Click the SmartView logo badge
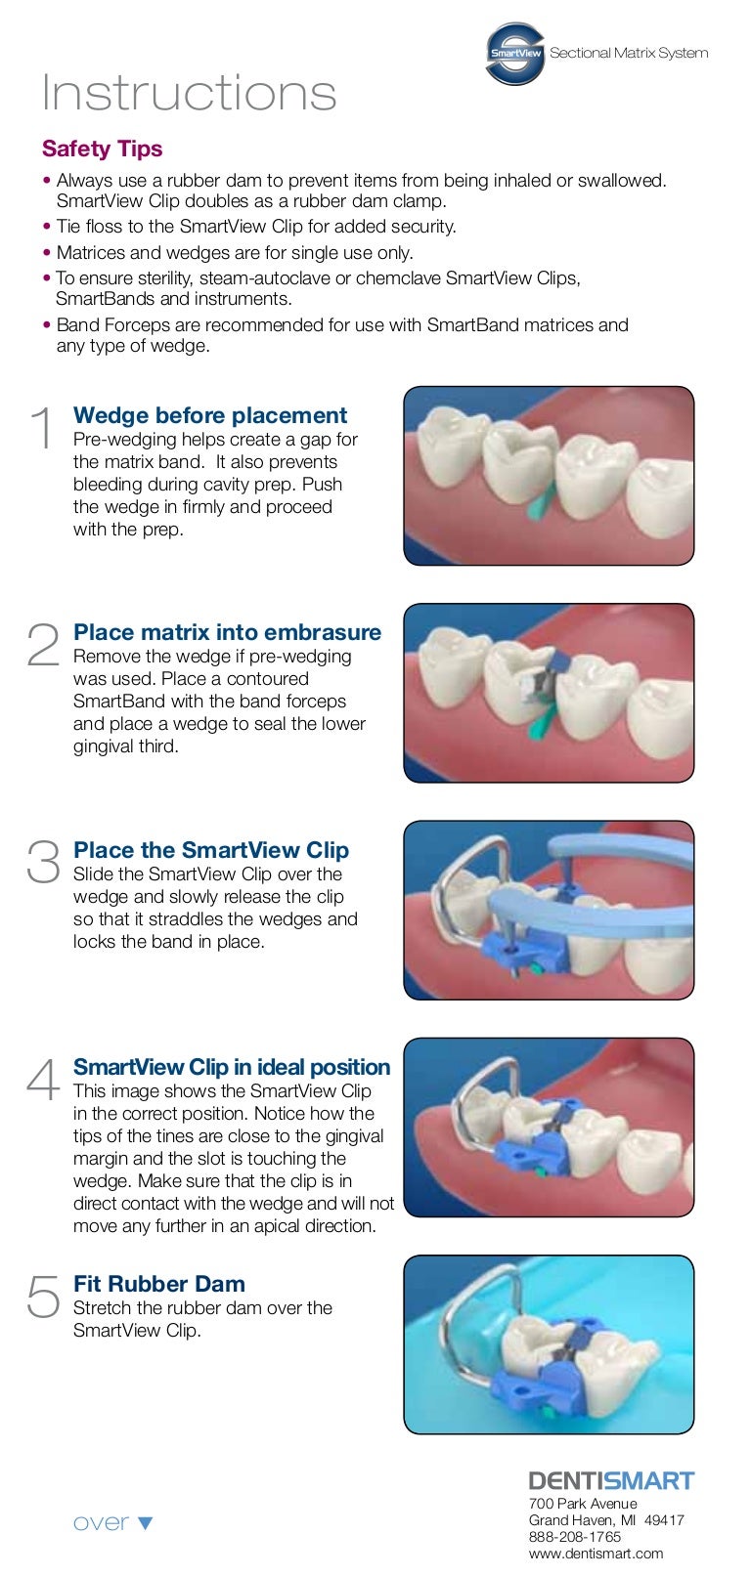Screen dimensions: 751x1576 pyautogui.click(x=514, y=54)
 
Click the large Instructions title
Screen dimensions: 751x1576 pyautogui.click(x=190, y=92)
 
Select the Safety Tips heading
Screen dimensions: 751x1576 pyautogui.click(x=102, y=149)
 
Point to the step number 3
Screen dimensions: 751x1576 pyautogui.click(x=43, y=861)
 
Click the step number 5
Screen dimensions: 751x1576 pyautogui.click(x=43, y=1295)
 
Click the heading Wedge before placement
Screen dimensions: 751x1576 pyautogui.click(x=210, y=415)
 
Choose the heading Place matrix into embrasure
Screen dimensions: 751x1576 pyautogui.click(x=227, y=632)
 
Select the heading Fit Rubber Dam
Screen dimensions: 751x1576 pyautogui.click(x=159, y=1283)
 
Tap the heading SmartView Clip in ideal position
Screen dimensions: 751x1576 pyautogui.click(x=232, y=1067)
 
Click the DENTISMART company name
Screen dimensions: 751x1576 pyautogui.click(x=611, y=1480)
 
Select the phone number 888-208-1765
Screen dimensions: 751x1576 pyautogui.click(x=574, y=1537)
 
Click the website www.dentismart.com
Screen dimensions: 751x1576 pyautogui.click(x=596, y=1553)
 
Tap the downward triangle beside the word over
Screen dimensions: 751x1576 pyautogui.click(x=145, y=1523)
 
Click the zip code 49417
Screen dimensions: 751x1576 pyautogui.click(x=664, y=1519)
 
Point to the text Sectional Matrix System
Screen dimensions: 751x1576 pyautogui.click(x=629, y=53)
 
